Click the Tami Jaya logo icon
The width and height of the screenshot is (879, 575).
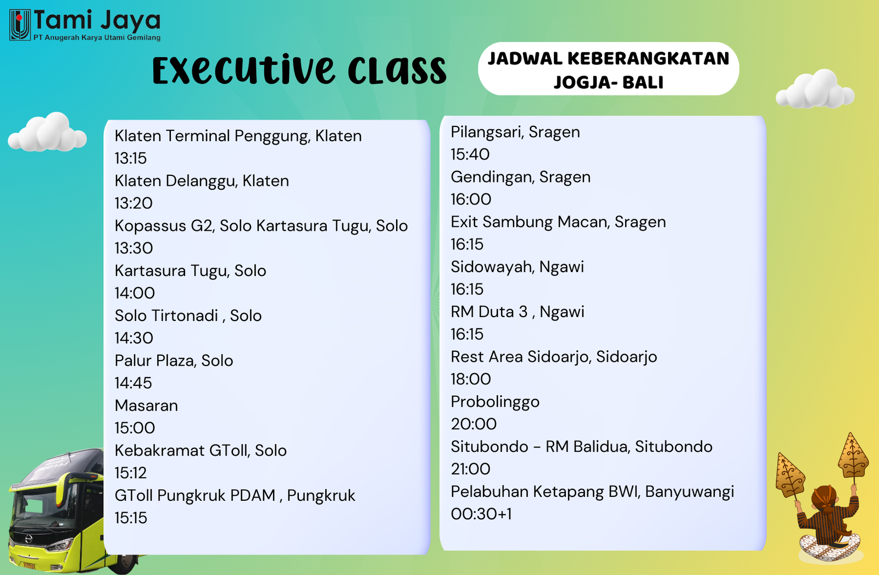coord(20,25)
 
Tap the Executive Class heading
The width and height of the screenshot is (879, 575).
coord(299,70)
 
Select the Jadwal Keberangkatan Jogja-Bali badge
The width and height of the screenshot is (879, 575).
coord(608,69)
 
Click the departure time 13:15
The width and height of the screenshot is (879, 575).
coord(131,158)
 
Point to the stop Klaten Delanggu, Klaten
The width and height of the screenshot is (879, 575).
coord(202,181)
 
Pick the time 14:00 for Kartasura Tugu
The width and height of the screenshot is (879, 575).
coord(135,293)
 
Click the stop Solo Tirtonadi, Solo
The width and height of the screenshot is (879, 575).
coord(188,316)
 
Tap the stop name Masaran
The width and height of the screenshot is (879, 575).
coord(146,405)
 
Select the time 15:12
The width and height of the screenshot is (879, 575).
coord(131,473)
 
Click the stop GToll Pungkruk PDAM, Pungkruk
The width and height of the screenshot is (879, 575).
coord(235,496)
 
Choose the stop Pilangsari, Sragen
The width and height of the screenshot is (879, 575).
coord(515,132)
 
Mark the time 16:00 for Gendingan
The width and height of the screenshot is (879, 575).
coord(471,200)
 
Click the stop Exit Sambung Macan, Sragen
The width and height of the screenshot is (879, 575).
coord(558,222)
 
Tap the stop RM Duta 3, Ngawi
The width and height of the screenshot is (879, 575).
coord(517,312)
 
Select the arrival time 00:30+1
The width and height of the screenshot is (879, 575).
coord(481,514)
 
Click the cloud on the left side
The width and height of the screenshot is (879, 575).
coord(47,132)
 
